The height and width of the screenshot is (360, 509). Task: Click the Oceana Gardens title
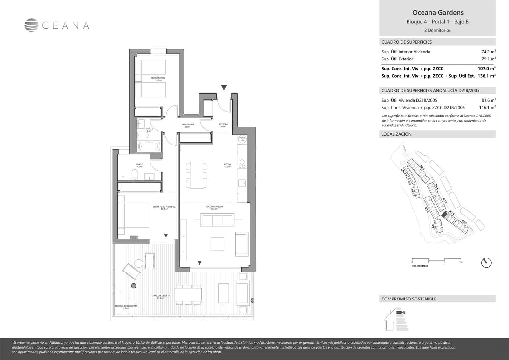tap(438, 13)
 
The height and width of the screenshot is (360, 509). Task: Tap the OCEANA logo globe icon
tap(31, 25)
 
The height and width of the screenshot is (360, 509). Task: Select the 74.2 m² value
tap(488, 52)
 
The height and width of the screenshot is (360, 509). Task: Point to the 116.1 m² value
tap(487, 108)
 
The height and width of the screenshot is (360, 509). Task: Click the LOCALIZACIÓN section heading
tap(396, 134)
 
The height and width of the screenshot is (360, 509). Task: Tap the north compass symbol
tap(486, 263)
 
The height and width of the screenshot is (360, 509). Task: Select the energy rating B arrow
tap(400, 312)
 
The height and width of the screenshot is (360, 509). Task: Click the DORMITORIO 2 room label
tap(158, 79)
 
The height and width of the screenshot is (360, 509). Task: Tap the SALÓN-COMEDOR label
tap(215, 208)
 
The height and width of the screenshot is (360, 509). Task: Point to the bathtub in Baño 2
tap(149, 147)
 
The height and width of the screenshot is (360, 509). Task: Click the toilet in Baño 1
tap(135, 175)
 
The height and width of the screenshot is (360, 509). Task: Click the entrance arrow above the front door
tap(224, 88)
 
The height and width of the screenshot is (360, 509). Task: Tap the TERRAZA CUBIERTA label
tap(160, 297)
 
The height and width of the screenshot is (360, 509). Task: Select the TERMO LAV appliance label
tap(242, 139)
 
